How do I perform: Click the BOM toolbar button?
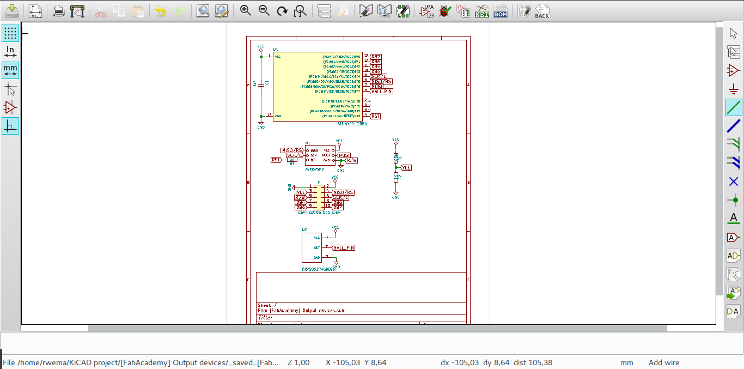[x=501, y=11]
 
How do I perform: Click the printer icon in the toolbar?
[x=59, y=11]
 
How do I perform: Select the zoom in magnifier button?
[x=246, y=11]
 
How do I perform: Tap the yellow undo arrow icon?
[x=160, y=11]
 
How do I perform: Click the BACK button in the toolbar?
[x=541, y=11]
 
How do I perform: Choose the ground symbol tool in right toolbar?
[x=734, y=89]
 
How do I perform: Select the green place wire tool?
[x=734, y=107]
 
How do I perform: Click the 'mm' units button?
[x=10, y=70]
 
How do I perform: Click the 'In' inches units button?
[x=10, y=52]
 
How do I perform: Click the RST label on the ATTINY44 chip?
[x=375, y=116]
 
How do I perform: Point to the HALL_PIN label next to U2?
[x=344, y=247]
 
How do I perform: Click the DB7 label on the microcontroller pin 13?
[x=376, y=57]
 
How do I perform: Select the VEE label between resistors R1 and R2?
[x=406, y=168]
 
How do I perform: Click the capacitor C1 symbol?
[x=261, y=84]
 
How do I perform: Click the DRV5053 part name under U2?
[x=319, y=269]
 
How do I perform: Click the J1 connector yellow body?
[x=319, y=197]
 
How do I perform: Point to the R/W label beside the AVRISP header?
[x=352, y=161]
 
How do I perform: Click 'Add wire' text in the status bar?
[x=663, y=362]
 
